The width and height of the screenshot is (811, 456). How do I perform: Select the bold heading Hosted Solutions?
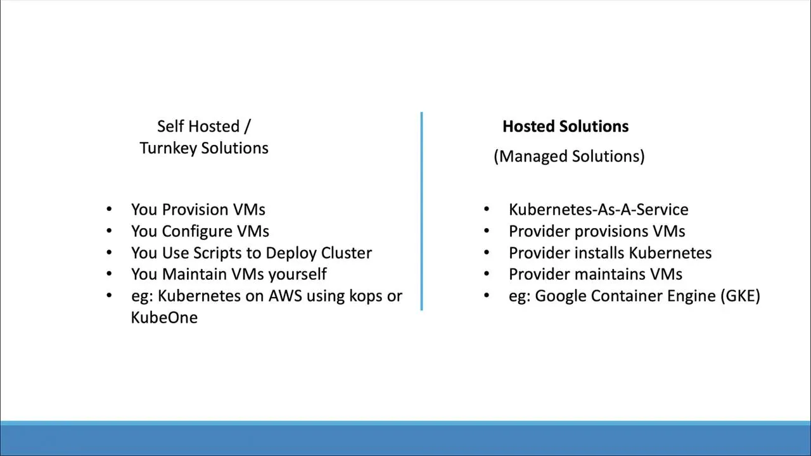[x=565, y=127]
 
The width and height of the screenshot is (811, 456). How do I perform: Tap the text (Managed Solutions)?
[x=569, y=156]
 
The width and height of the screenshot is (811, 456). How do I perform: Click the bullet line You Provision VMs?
[x=198, y=210]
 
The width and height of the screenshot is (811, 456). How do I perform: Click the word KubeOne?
[x=164, y=317]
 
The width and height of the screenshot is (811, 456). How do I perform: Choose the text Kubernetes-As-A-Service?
[x=598, y=210]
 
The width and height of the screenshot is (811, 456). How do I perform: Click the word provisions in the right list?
[x=611, y=232]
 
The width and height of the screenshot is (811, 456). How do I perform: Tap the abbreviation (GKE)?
[x=739, y=296]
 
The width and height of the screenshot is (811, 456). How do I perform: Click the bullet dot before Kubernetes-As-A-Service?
[x=487, y=209]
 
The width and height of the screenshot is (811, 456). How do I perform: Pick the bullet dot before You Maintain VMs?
[x=109, y=274]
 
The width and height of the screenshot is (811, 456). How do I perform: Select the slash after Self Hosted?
[x=247, y=127]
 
